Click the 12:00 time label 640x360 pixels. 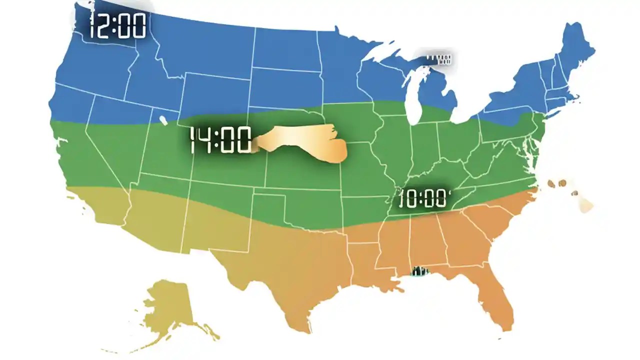(x=117, y=26)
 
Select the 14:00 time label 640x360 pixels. (x=220, y=140)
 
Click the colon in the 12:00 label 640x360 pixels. (x=115, y=26)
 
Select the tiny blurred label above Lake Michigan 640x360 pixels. (x=438, y=60)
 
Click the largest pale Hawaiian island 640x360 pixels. (x=585, y=204)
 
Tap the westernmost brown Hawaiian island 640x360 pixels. (x=551, y=184)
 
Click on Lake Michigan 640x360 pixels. (x=412, y=100)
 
